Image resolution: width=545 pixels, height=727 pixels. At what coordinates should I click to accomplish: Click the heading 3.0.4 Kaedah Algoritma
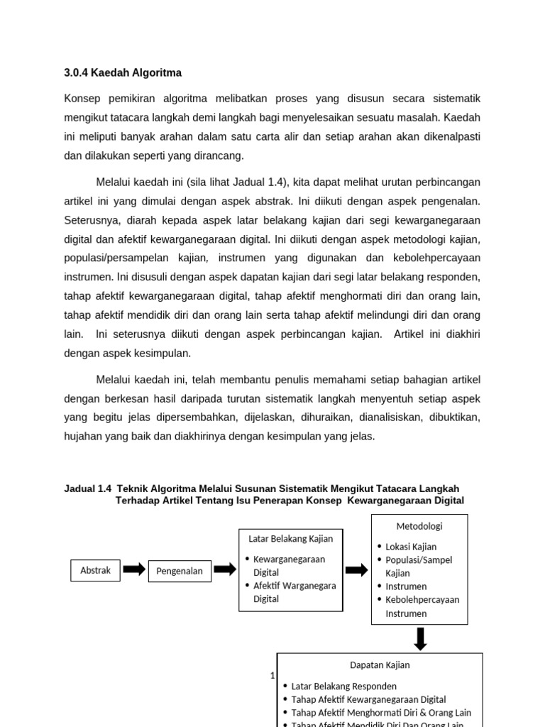pyautogui.click(x=123, y=72)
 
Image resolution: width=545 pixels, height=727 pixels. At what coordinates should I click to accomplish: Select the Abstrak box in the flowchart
pyautogui.click(x=95, y=570)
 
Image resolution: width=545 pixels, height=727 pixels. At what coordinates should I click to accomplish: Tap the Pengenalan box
pyautogui.click(x=180, y=571)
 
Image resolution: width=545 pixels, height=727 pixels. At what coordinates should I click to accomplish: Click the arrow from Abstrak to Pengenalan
pyautogui.click(x=134, y=569)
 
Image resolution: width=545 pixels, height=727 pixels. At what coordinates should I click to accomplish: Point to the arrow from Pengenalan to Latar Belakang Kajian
pyautogui.click(x=224, y=569)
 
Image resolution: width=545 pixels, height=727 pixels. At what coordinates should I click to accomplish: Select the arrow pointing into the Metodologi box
pyautogui.click(x=356, y=569)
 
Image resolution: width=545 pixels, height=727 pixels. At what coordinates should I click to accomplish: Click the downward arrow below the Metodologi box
pyautogui.click(x=420, y=638)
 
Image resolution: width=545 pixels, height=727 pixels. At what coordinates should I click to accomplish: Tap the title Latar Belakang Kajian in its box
pyautogui.click(x=290, y=538)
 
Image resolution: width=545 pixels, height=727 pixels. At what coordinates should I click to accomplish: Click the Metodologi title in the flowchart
pyautogui.click(x=419, y=526)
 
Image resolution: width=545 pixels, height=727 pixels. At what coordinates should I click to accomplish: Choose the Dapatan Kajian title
pyautogui.click(x=380, y=665)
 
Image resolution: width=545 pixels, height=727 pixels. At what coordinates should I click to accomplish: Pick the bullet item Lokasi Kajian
pyautogui.click(x=411, y=547)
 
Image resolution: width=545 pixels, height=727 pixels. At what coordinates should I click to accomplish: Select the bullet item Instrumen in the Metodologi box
pyautogui.click(x=406, y=586)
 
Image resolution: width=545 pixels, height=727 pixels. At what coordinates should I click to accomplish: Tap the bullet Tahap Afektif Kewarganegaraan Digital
pyautogui.click(x=368, y=699)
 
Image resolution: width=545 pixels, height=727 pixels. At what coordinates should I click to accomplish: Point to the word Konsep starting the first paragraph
pyautogui.click(x=83, y=98)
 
